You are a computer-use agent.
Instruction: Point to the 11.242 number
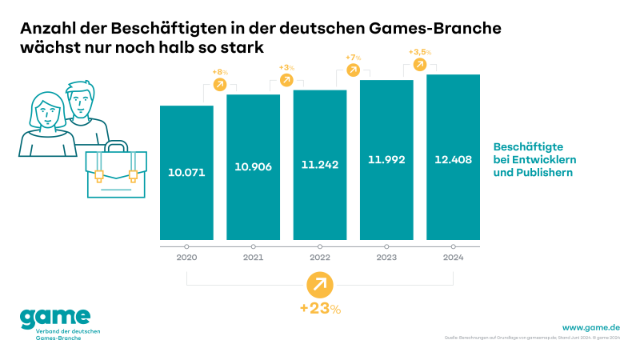[x=320, y=165]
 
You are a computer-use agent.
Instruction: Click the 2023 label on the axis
[x=386, y=258]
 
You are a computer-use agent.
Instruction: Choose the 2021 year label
[x=253, y=258]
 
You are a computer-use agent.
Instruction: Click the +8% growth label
[x=219, y=73]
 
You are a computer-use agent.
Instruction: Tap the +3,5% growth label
[x=420, y=52]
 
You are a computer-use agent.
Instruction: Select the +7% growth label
[x=353, y=58]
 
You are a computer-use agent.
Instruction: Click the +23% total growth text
[x=320, y=309]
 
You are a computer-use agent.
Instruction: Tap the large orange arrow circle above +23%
[x=320, y=284]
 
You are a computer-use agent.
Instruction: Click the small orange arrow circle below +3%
[x=286, y=80]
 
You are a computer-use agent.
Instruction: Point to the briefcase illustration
[x=117, y=172]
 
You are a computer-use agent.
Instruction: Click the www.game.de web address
[x=591, y=327]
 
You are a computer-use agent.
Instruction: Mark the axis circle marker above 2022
[x=320, y=246]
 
